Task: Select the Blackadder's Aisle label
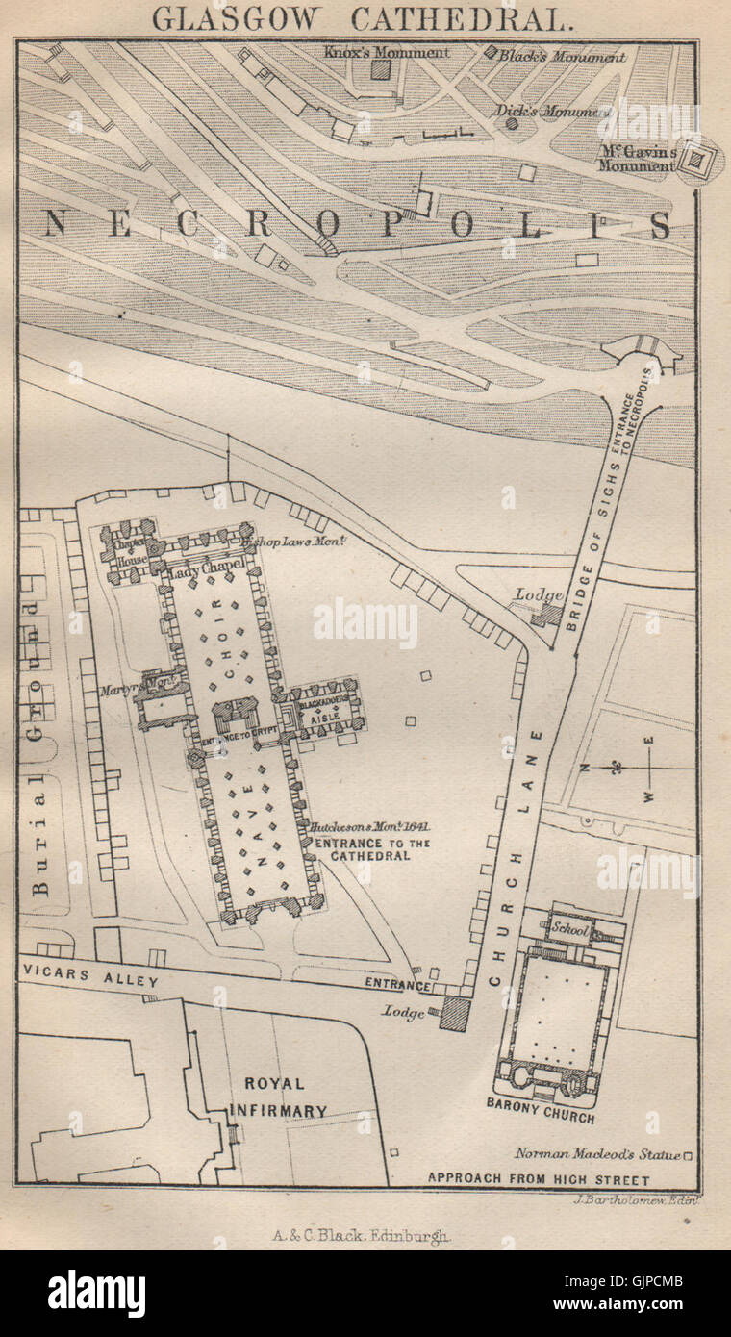pyautogui.click(x=325, y=710)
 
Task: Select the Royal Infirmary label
pyautogui.click(x=274, y=1097)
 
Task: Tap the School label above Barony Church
pyautogui.click(x=567, y=929)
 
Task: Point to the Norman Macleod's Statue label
pyautogui.click(x=597, y=1154)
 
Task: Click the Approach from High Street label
pyautogui.click(x=539, y=1179)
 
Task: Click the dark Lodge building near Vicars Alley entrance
pyautogui.click(x=452, y=1014)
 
